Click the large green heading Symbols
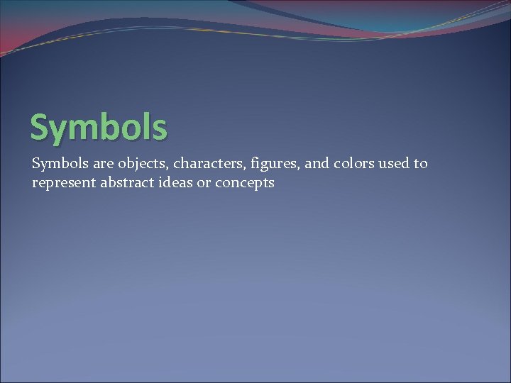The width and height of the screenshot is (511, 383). [x=99, y=128]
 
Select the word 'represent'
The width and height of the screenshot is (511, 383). [x=63, y=184]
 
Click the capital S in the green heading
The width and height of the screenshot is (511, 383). [x=40, y=128]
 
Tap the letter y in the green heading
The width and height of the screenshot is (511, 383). [x=60, y=131]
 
